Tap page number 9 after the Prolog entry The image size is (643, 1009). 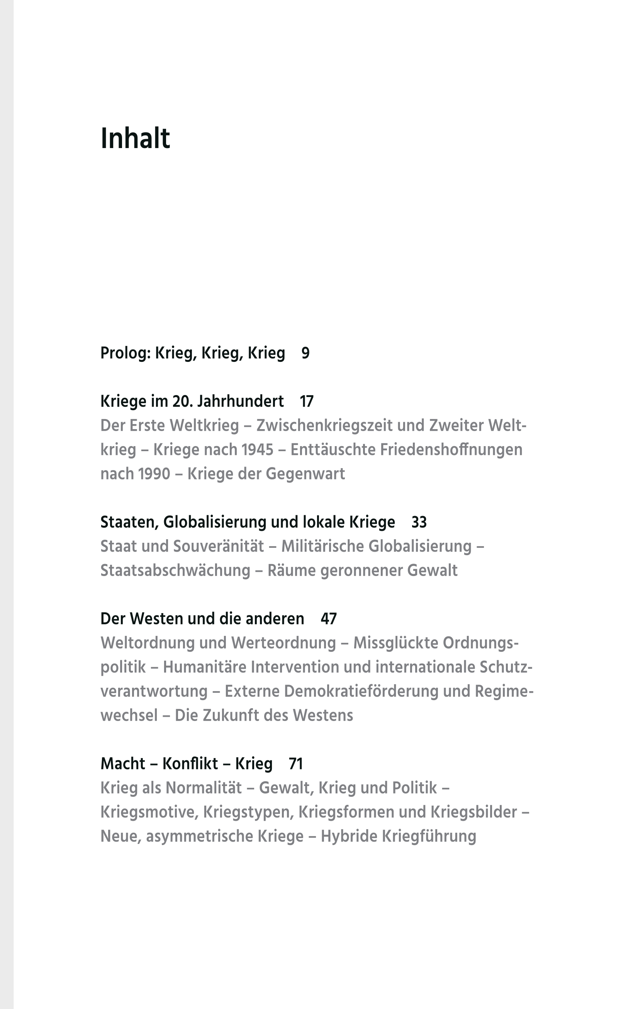[x=305, y=353]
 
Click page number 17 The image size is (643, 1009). [x=306, y=401]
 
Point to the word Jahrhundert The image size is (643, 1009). [x=240, y=401]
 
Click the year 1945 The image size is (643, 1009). [x=258, y=450]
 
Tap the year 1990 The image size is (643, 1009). [x=154, y=474]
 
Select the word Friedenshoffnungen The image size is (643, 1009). [x=451, y=450]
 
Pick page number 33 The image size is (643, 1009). [x=419, y=522]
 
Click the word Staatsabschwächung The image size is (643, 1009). [x=175, y=571]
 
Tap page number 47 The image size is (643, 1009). [x=329, y=619]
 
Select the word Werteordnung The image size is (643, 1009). [x=283, y=643]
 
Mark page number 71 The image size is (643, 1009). [x=295, y=764]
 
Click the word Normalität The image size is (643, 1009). [x=204, y=788]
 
